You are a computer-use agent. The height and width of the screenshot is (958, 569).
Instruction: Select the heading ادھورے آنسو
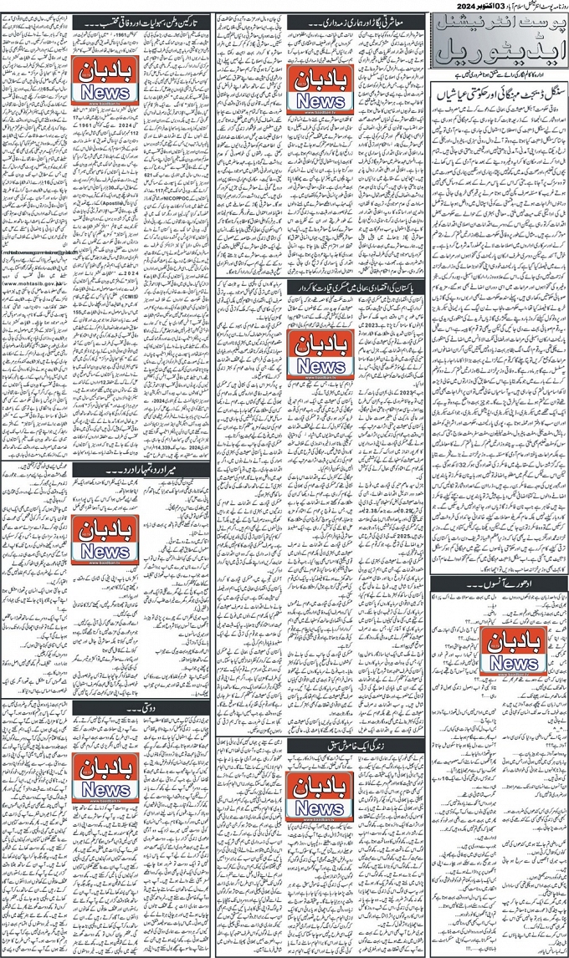[x=499, y=580]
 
